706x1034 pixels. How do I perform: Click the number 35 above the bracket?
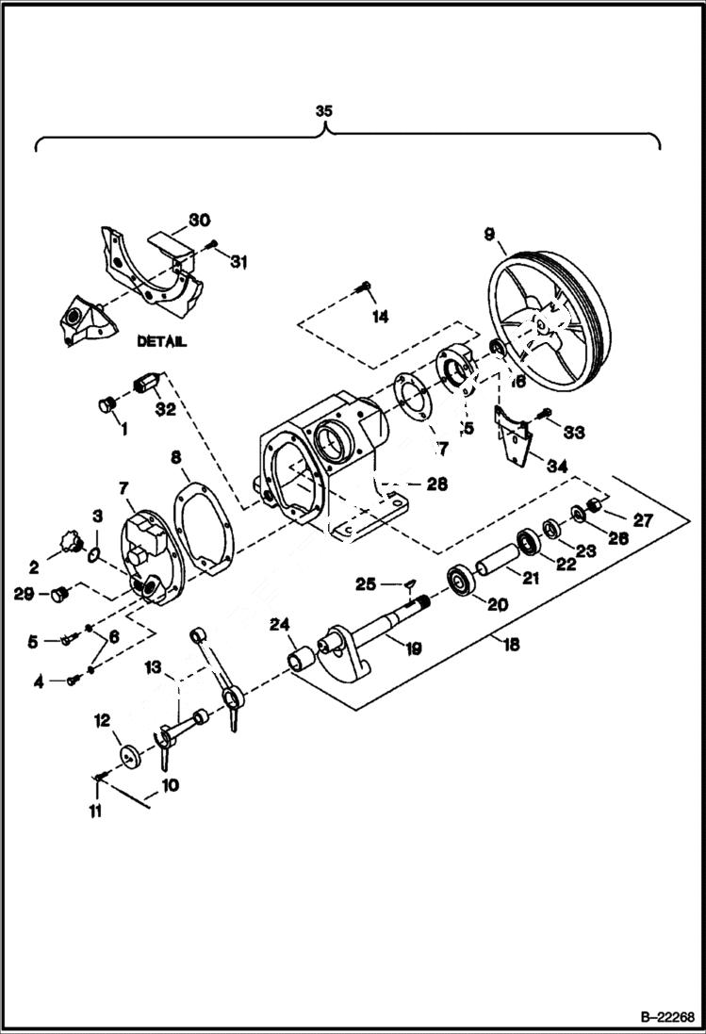tap(323, 111)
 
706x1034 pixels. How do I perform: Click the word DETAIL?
tap(161, 342)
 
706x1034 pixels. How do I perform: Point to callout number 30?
tap(198, 220)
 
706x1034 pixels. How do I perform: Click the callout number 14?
tap(379, 318)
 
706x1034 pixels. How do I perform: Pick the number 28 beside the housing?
tap(435, 484)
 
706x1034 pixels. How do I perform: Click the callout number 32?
tap(166, 408)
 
